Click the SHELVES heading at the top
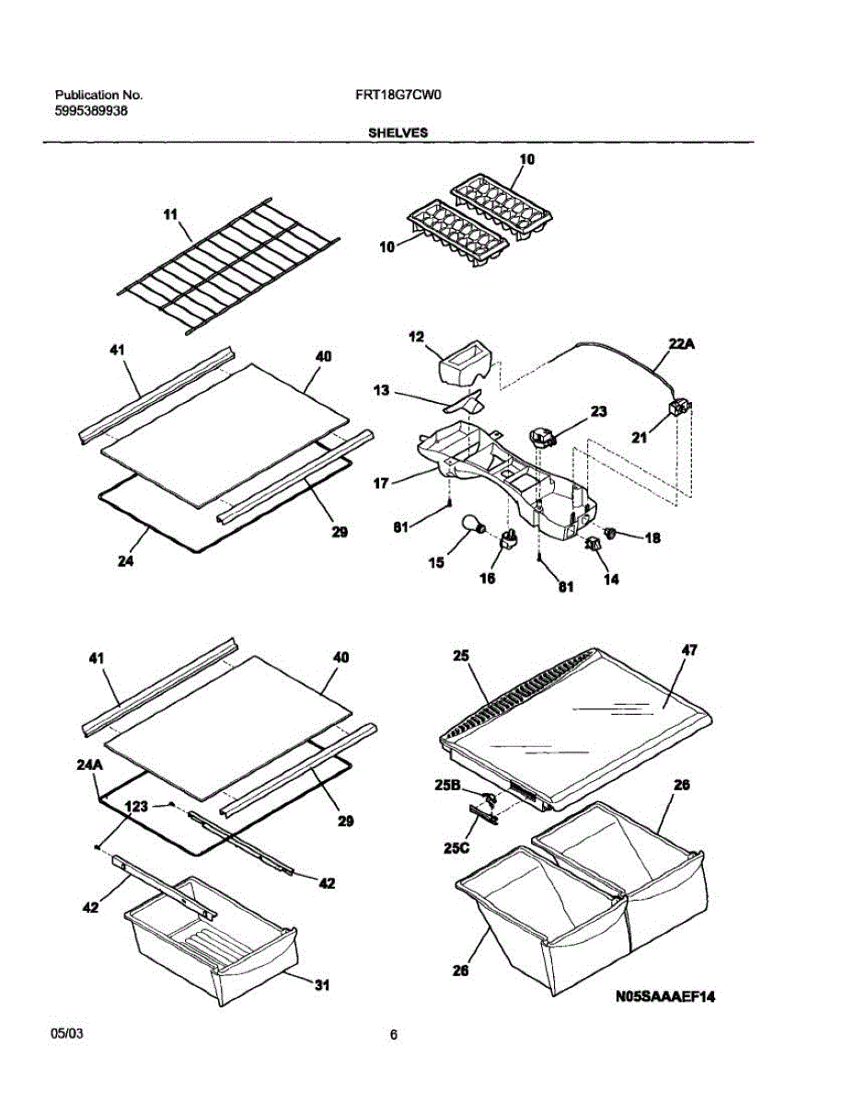point(398,132)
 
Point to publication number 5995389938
point(91,110)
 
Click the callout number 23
point(599,412)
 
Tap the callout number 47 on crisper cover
point(689,650)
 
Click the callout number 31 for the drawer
point(321,986)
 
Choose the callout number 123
point(136,806)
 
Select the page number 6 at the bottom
point(393,1036)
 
